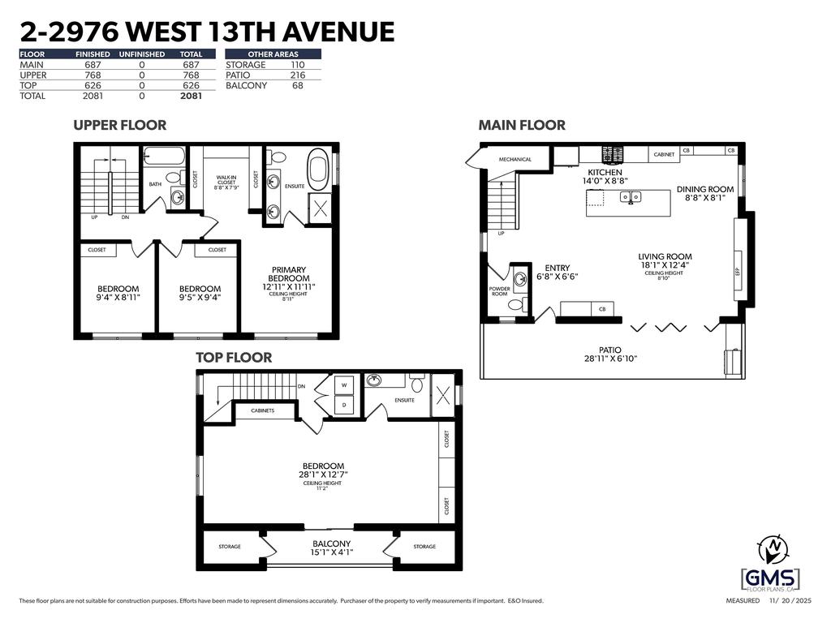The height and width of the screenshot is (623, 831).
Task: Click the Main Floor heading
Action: [x=522, y=125]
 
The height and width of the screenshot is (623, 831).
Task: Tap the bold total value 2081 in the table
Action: [x=190, y=96]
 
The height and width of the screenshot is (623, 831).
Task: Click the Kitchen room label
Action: [x=605, y=173]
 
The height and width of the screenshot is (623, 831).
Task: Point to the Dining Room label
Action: [x=704, y=190]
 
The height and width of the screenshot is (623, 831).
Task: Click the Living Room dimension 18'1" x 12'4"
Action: [x=665, y=264]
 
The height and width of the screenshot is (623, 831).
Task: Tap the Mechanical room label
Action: [x=515, y=159]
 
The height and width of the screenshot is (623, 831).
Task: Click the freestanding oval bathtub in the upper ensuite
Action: [x=317, y=169]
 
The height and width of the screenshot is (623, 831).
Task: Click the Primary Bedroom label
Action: [x=288, y=274]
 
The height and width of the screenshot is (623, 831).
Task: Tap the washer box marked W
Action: [x=344, y=385]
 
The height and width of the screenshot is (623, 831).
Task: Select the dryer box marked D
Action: [x=344, y=403]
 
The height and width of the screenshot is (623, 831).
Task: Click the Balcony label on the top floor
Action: [x=331, y=544]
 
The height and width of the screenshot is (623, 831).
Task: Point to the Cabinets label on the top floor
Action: [x=262, y=410]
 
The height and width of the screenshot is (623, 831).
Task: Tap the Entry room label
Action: [x=557, y=269]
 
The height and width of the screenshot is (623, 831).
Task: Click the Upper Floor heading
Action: [x=119, y=125]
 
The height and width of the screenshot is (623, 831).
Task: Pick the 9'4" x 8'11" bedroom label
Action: [x=118, y=293]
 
